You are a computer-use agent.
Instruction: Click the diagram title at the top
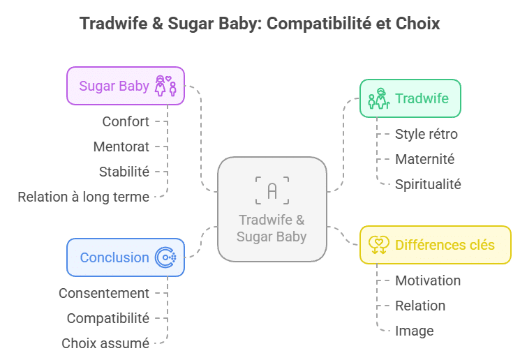[x=260, y=23]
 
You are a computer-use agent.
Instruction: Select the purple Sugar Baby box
[x=126, y=86]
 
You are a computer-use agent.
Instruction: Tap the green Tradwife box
[x=410, y=98]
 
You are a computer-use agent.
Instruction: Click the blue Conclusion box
[x=126, y=257]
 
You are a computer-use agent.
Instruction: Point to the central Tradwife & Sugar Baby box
[x=272, y=209]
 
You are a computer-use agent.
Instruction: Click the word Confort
[x=126, y=121]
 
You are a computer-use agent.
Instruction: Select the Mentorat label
[x=121, y=147]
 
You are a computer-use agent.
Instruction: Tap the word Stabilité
[x=124, y=172]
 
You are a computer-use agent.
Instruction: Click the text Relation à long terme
[x=83, y=197]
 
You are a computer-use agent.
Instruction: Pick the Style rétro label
[x=426, y=134]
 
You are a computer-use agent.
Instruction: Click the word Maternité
[x=424, y=159]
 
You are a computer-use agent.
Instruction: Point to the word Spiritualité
[x=428, y=184]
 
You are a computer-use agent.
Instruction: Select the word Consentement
[x=104, y=293]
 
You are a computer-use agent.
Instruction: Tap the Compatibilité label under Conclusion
[x=108, y=318]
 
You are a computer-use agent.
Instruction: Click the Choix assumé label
[x=105, y=343]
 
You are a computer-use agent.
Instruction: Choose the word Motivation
[x=428, y=280]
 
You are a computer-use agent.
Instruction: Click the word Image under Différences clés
[x=415, y=331]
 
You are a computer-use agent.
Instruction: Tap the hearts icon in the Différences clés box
[x=379, y=245]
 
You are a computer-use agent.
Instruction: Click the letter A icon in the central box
[x=272, y=190]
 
